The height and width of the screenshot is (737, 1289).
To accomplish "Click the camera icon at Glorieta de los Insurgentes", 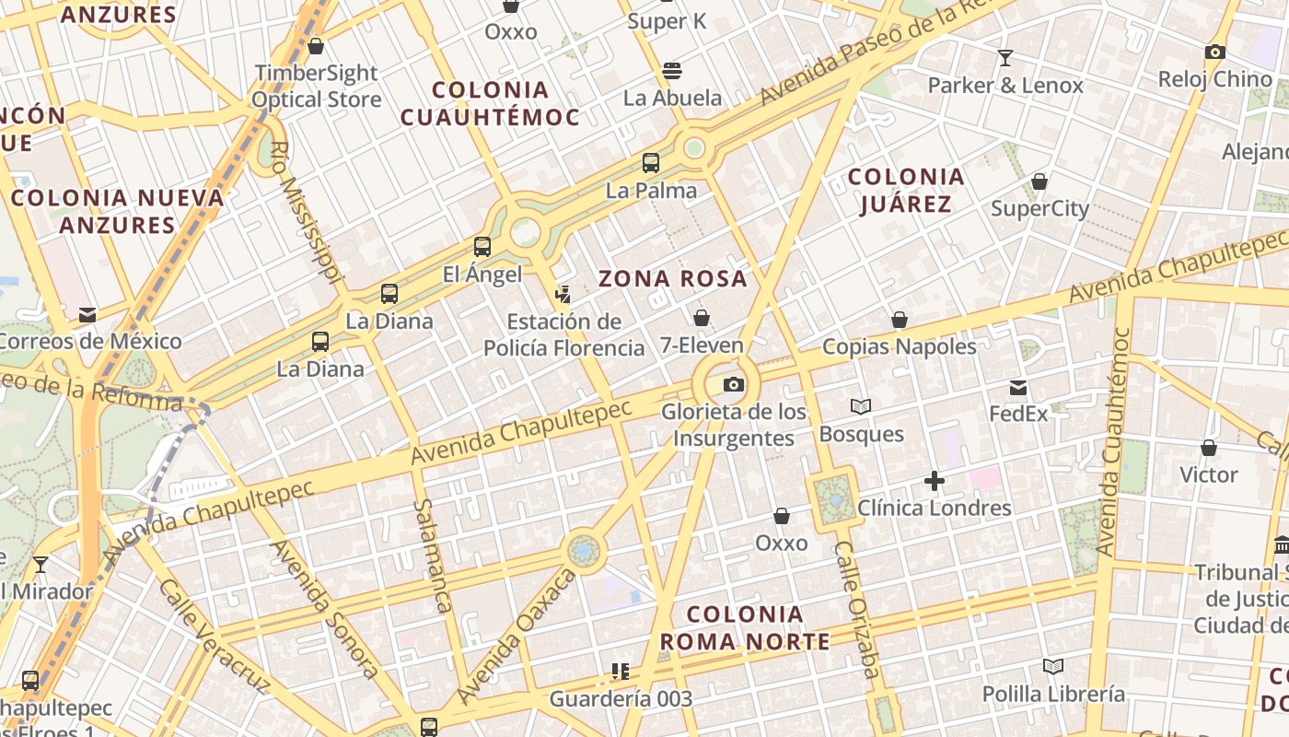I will tap(734, 384).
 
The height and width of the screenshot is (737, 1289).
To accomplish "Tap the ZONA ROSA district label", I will tap(673, 278).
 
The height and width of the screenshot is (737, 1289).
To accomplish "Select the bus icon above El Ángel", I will tap(482, 246).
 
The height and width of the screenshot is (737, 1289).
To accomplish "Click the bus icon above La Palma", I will tap(651, 163).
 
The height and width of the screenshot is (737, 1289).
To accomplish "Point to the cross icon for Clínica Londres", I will tap(935, 481).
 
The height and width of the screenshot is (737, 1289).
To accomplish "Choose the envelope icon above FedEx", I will tap(1018, 387).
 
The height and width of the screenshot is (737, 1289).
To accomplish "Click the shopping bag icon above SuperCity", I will tap(1039, 181).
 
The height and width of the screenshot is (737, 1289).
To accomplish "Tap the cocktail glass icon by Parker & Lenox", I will tap(1005, 58).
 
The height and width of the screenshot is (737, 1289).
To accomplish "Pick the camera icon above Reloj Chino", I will tap(1215, 52).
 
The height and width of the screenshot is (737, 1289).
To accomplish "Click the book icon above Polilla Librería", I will tap(1053, 666).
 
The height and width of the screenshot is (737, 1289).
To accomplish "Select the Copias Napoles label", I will tap(899, 346).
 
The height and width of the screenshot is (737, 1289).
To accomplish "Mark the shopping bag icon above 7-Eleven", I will tap(702, 318).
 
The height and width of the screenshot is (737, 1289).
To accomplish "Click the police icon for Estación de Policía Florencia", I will tap(563, 295).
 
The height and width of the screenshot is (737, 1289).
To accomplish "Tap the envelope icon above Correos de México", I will tap(87, 314).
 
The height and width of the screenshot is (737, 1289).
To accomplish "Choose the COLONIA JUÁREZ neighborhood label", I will tap(906, 190).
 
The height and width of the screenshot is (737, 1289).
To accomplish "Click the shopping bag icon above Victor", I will tap(1209, 448).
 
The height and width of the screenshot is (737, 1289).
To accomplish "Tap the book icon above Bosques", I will tap(861, 406).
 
